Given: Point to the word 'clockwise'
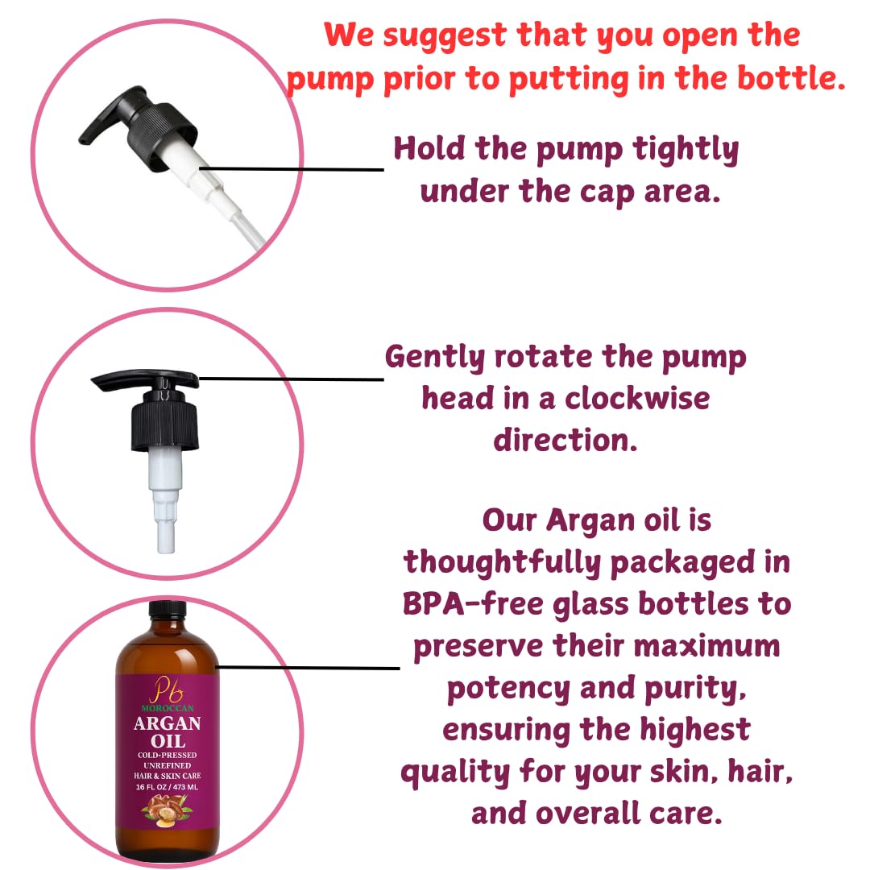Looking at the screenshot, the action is pyautogui.click(x=637, y=399).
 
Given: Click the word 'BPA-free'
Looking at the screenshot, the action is pyautogui.click(x=474, y=603).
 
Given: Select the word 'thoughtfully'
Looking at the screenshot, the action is pyautogui.click(x=502, y=562).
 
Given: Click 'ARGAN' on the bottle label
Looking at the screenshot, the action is pyautogui.click(x=167, y=723).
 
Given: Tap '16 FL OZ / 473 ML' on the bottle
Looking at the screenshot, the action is pyautogui.click(x=167, y=787).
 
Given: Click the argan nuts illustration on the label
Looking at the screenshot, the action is pyautogui.click(x=167, y=810).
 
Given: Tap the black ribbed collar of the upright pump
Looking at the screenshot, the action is pyautogui.click(x=165, y=425).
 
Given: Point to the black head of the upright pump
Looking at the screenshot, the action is pyautogui.click(x=145, y=380).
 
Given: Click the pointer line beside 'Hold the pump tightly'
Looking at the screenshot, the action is pyautogui.click(x=292, y=168).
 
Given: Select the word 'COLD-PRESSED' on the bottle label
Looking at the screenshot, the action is pyautogui.click(x=167, y=755).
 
